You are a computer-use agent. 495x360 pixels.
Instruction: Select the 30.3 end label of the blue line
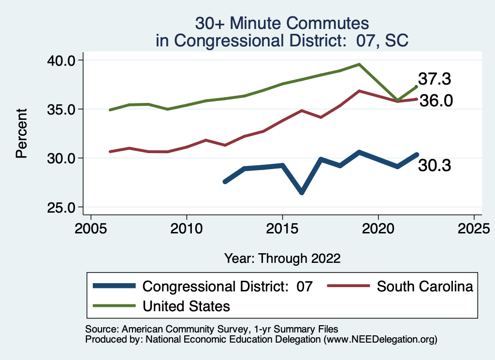pos(435,166)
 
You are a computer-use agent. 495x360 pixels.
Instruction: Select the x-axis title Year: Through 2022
pos(282,258)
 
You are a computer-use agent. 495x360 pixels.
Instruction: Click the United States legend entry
pos(186,306)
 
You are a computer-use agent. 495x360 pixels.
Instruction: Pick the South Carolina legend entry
pos(424,286)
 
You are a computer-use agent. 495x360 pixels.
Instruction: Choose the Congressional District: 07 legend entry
pos(228,286)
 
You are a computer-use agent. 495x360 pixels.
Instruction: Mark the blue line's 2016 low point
pos(302,192)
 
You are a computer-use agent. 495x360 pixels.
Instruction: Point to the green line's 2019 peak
pos(359,64)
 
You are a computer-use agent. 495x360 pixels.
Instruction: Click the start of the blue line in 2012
pos(225,182)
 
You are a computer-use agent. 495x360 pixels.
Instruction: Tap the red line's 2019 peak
pos(359,91)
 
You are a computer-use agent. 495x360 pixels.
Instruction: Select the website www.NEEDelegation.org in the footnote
pos(381,340)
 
